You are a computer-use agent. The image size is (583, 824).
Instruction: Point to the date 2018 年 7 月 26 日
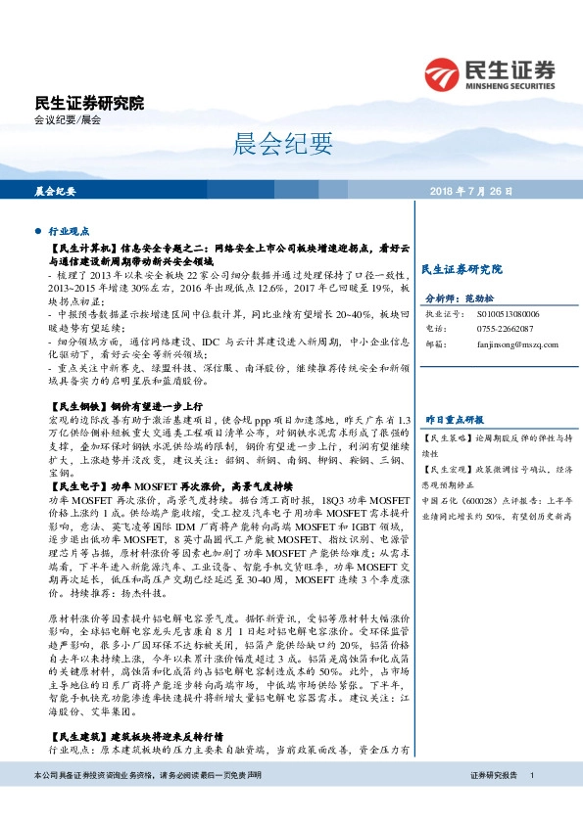tap(470, 192)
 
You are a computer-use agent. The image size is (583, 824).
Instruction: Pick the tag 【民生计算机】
tap(81, 252)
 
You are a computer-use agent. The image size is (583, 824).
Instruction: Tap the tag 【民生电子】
tap(74, 485)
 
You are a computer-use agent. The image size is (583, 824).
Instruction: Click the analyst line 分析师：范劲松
tap(463, 298)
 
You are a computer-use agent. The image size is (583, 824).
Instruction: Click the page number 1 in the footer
tap(531, 801)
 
